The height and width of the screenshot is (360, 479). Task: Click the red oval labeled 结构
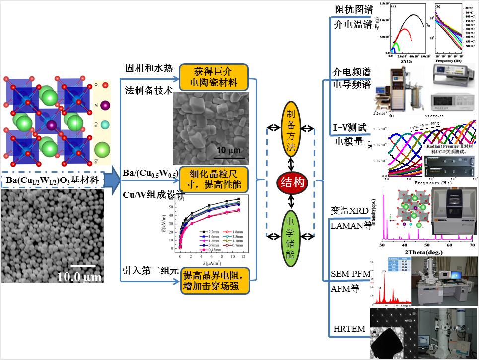click(292, 181)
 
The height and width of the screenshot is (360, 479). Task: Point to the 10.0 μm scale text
click(79, 277)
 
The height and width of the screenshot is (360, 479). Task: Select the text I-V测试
click(350, 128)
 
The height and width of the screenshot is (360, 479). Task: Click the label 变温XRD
click(350, 211)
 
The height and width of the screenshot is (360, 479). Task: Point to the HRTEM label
click(349, 328)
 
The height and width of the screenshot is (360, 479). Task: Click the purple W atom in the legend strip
click(104, 105)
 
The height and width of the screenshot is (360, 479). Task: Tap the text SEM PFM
click(350, 274)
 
